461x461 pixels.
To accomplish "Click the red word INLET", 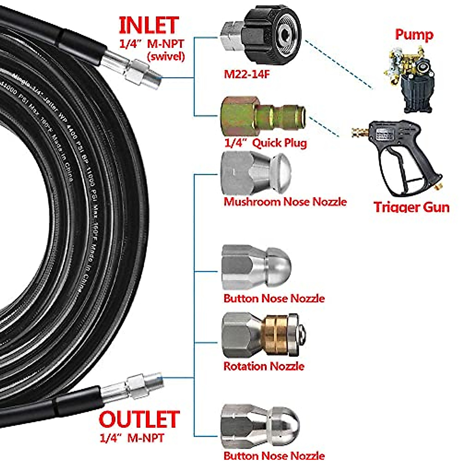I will point(149,25).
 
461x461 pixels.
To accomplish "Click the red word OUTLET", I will point(139,420).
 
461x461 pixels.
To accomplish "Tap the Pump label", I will point(414,35).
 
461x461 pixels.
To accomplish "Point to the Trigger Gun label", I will point(411,207).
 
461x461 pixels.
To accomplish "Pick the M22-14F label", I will point(247,74).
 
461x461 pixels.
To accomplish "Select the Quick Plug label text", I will point(280,143).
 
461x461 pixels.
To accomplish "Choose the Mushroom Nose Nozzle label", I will point(285,202).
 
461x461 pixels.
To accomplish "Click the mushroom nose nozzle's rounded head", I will point(283,174).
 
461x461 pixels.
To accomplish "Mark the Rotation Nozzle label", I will point(264,366).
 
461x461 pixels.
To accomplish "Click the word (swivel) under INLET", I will point(166,56).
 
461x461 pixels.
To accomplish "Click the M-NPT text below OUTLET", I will point(146,438).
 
